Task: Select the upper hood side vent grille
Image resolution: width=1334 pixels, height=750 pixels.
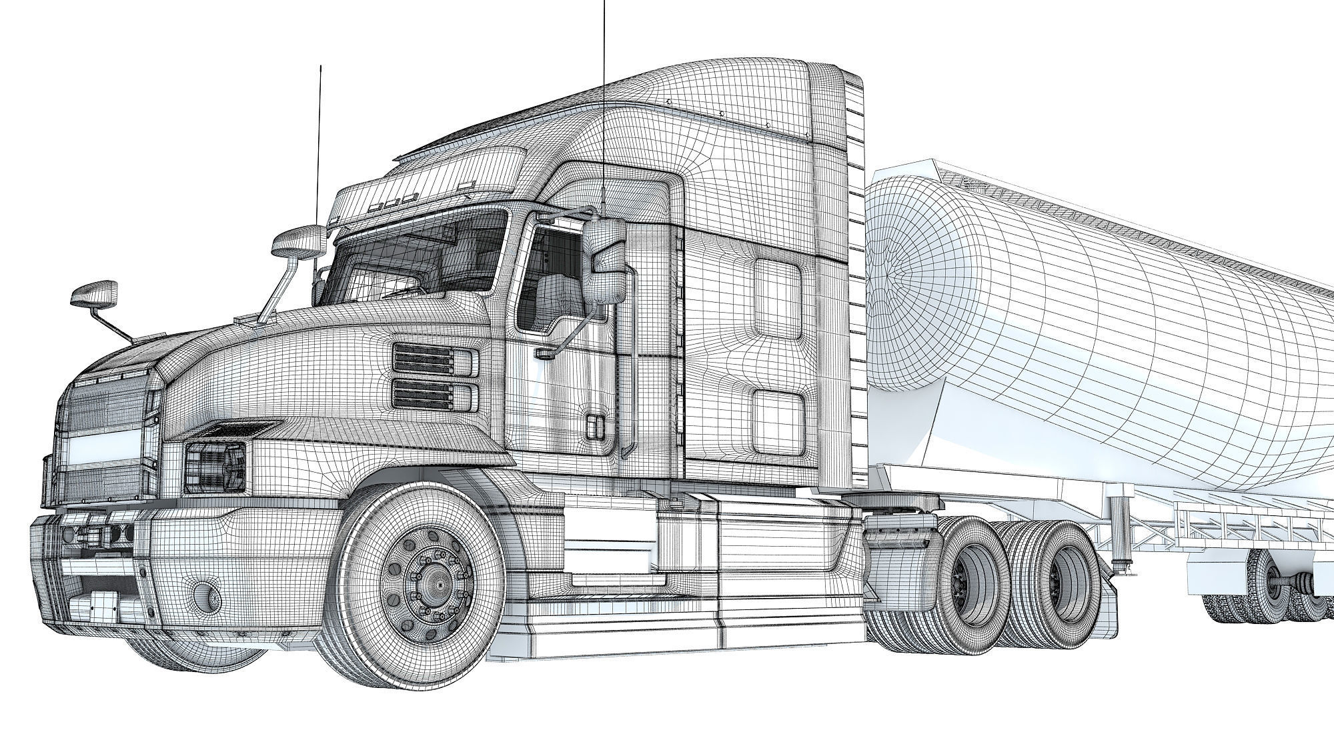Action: pos(435,360)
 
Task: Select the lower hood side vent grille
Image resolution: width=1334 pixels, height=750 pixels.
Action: pos(435,395)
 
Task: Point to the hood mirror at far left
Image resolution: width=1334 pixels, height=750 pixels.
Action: pos(94,294)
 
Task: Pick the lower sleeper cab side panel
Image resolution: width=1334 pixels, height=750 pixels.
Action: pos(778,417)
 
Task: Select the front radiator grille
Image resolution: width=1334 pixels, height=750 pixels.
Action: pos(100,440)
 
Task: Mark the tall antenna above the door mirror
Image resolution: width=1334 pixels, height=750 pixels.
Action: pos(604,100)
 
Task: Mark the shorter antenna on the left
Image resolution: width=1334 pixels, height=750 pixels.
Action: pos(320,147)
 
